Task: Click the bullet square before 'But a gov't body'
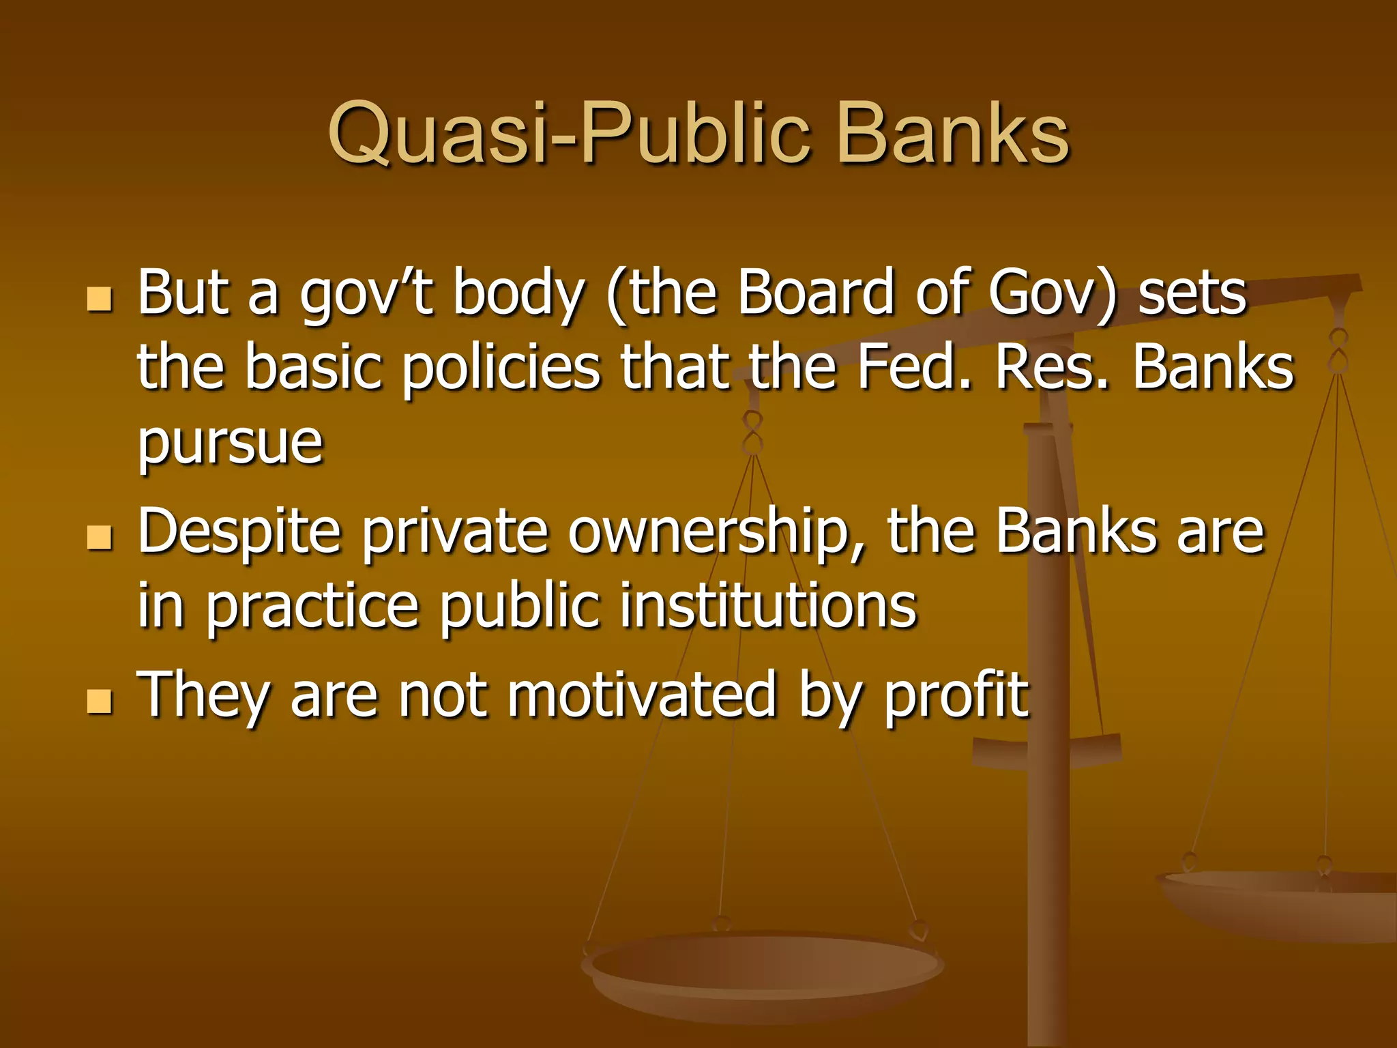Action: point(100,299)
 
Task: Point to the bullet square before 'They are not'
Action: point(100,701)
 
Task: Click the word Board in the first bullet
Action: point(815,293)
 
